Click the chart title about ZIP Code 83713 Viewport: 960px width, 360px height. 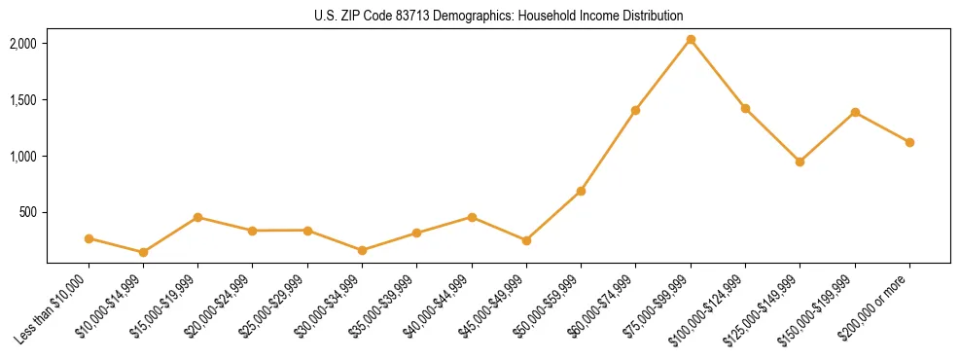click(499, 16)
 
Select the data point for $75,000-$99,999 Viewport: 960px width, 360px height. click(691, 40)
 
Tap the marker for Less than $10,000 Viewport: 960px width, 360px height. click(89, 238)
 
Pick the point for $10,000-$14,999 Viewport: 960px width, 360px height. click(143, 252)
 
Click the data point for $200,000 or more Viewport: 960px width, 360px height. click(909, 142)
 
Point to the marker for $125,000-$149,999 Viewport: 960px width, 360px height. click(800, 162)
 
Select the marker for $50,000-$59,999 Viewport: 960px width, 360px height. click(581, 191)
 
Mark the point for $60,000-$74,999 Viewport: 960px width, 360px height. click(635, 110)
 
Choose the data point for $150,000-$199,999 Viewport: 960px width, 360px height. click(855, 112)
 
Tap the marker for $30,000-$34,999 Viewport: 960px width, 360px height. click(362, 250)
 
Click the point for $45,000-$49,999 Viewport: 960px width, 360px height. click(526, 240)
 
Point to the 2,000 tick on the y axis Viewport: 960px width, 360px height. click(23, 44)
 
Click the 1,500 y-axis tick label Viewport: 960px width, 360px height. click(23, 100)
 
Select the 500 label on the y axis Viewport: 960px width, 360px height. click(28, 212)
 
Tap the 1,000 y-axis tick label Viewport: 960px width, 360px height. click(23, 157)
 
